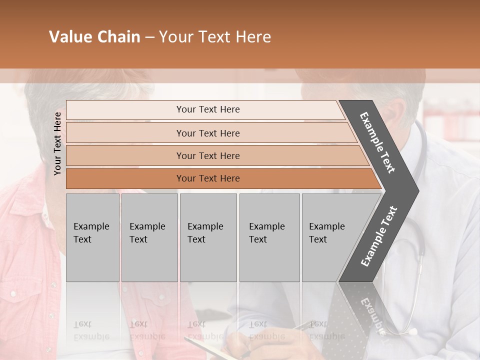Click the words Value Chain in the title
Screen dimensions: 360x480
pos(94,37)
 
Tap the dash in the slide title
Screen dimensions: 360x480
pos(149,37)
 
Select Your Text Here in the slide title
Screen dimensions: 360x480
pos(215,37)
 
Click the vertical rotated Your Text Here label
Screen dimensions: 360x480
pos(57,143)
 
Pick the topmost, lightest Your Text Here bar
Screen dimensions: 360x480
pos(207,109)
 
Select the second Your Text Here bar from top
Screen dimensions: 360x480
pos(207,133)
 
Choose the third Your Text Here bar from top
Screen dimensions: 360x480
pos(207,155)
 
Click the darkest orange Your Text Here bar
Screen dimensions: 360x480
pos(207,178)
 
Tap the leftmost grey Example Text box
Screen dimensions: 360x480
pos(92,237)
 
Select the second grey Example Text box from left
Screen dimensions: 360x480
pos(149,237)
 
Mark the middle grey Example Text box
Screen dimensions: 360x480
pos(208,237)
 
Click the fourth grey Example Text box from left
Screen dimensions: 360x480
pos(269,237)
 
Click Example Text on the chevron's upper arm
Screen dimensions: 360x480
pos(377,142)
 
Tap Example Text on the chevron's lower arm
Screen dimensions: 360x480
pos(379,236)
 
